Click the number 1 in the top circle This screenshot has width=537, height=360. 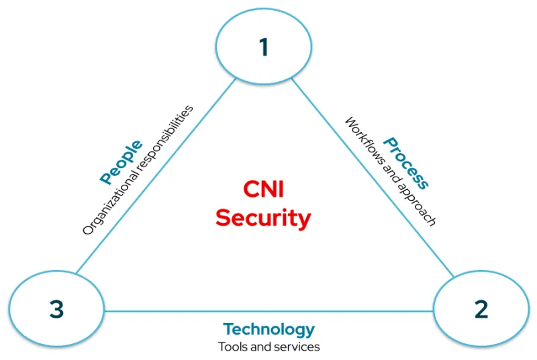(264, 47)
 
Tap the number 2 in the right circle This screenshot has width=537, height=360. (481, 310)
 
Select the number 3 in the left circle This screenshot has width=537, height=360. (56, 310)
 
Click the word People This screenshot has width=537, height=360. (121, 162)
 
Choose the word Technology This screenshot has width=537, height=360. (268, 329)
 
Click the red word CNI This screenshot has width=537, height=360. (263, 190)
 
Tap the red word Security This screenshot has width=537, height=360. (263, 218)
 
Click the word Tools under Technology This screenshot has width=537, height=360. (230, 347)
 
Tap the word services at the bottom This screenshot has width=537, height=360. (301, 347)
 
